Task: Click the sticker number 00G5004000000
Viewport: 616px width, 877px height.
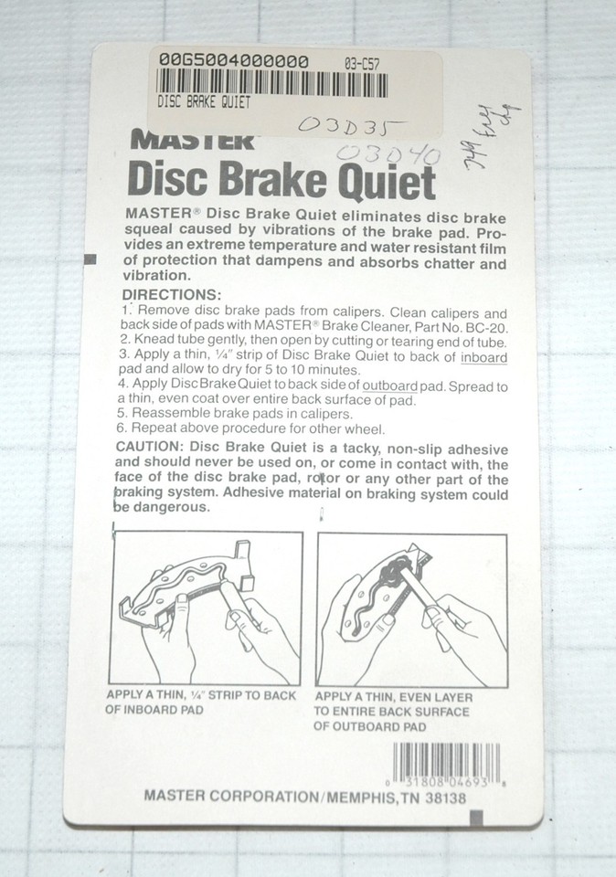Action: pos(233,61)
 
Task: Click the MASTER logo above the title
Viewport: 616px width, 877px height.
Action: pos(192,141)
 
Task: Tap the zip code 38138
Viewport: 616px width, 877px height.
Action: pos(442,798)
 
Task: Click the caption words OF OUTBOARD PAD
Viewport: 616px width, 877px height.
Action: pos(370,727)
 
